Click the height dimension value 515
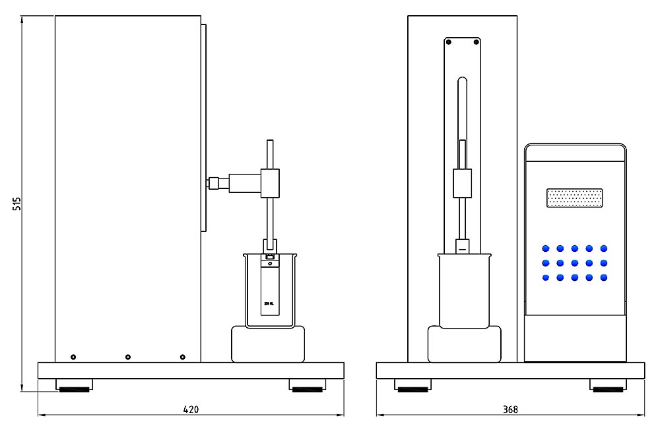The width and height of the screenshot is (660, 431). [17, 203]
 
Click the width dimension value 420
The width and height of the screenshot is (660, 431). [191, 409]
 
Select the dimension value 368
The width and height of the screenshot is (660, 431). [510, 409]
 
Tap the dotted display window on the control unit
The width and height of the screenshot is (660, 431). [575, 198]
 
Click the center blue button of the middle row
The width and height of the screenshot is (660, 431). [575, 263]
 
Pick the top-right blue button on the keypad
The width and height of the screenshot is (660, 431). [604, 249]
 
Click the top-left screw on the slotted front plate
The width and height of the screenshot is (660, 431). [449, 42]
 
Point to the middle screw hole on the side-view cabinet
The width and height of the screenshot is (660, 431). [128, 357]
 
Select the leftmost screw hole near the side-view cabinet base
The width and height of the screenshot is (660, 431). [73, 357]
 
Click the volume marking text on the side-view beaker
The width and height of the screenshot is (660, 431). [268, 303]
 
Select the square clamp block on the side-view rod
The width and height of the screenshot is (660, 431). [269, 182]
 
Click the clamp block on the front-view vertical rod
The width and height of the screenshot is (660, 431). [463, 183]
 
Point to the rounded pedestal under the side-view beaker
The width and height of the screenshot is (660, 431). [269, 344]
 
